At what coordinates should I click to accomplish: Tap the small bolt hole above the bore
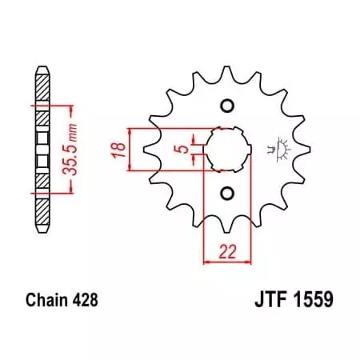click(x=226, y=106)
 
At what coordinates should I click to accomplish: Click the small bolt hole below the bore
click(x=226, y=192)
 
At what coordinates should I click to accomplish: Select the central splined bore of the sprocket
click(x=226, y=150)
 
